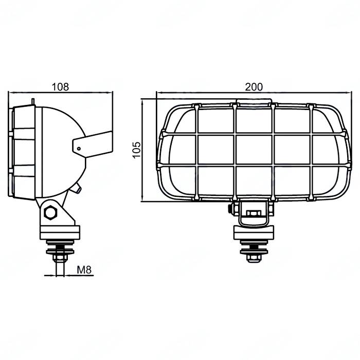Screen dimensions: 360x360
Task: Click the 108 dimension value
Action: coord(60,86)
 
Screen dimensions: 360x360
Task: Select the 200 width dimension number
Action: coord(253,86)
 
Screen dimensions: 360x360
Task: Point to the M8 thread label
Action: coord(84,269)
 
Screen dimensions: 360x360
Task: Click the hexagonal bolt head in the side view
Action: coord(50,212)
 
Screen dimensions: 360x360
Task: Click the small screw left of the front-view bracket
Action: coord(229,209)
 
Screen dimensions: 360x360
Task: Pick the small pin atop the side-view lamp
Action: coord(32,102)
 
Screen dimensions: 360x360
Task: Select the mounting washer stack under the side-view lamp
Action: coord(61,251)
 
